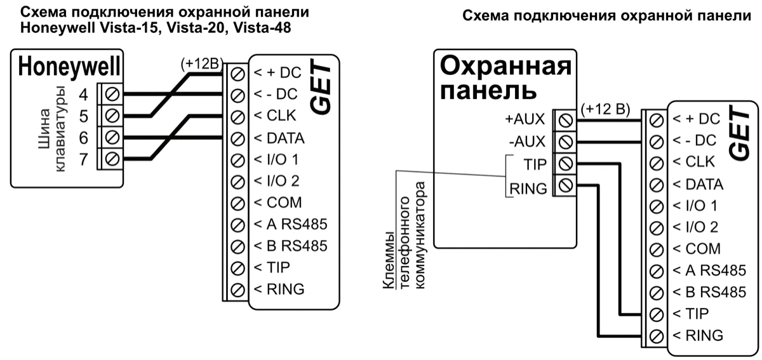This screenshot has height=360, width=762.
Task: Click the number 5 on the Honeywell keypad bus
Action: click(84, 117)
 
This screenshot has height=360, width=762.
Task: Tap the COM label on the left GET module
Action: click(277, 203)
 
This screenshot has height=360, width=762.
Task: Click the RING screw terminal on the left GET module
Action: click(238, 290)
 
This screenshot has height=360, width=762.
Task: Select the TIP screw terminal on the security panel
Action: click(565, 163)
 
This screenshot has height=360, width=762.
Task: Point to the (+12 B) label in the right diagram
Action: click(605, 109)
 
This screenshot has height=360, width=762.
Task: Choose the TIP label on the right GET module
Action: click(696, 313)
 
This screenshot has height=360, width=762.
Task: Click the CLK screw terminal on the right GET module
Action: click(657, 161)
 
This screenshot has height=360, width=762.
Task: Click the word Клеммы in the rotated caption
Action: click(388, 274)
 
